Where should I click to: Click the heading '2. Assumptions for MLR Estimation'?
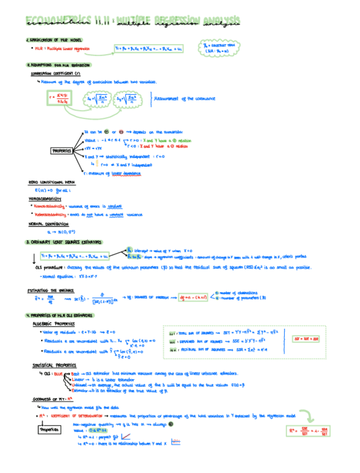59,65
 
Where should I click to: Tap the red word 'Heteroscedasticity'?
49,214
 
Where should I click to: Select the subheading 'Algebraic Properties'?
51,324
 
